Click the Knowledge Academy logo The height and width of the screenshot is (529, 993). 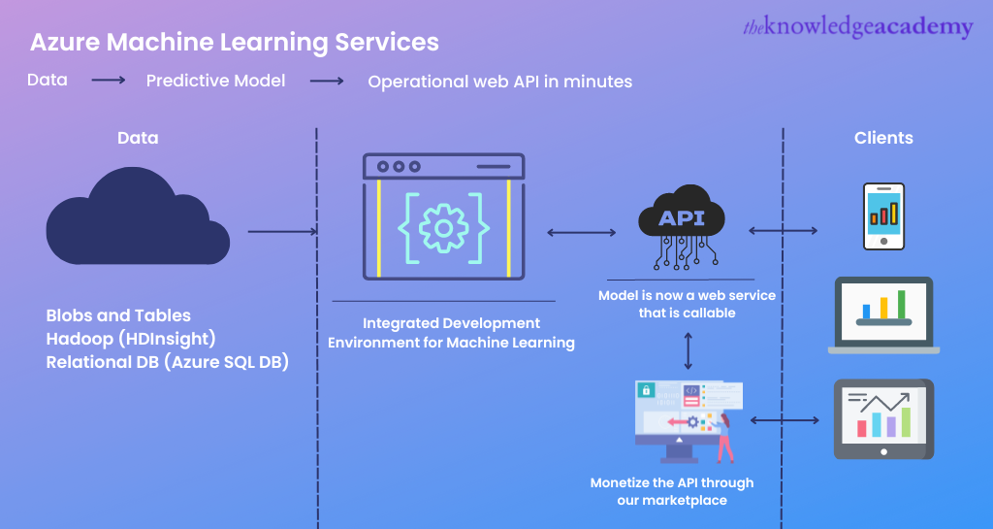pos(857,27)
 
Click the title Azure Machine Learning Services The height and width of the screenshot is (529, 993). pos(234,43)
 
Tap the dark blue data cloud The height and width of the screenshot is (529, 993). pos(137,217)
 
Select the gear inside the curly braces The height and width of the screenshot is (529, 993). pos(443,228)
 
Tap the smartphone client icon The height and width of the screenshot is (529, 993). pos(883,216)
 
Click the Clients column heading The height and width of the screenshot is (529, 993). pos(883,138)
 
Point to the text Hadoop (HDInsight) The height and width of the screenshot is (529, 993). pos(131,339)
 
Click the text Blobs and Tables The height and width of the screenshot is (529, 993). pos(118,315)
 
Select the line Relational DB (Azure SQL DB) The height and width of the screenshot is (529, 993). pos(168,362)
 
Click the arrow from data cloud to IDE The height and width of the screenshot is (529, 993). pos(282,232)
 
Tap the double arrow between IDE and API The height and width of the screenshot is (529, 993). pos(582,232)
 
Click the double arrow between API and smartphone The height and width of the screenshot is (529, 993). pos(783,230)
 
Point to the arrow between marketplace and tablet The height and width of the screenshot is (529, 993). pos(785,420)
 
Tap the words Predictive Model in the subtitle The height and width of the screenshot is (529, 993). pos(215,81)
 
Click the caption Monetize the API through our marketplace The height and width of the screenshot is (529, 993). pos(672,491)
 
